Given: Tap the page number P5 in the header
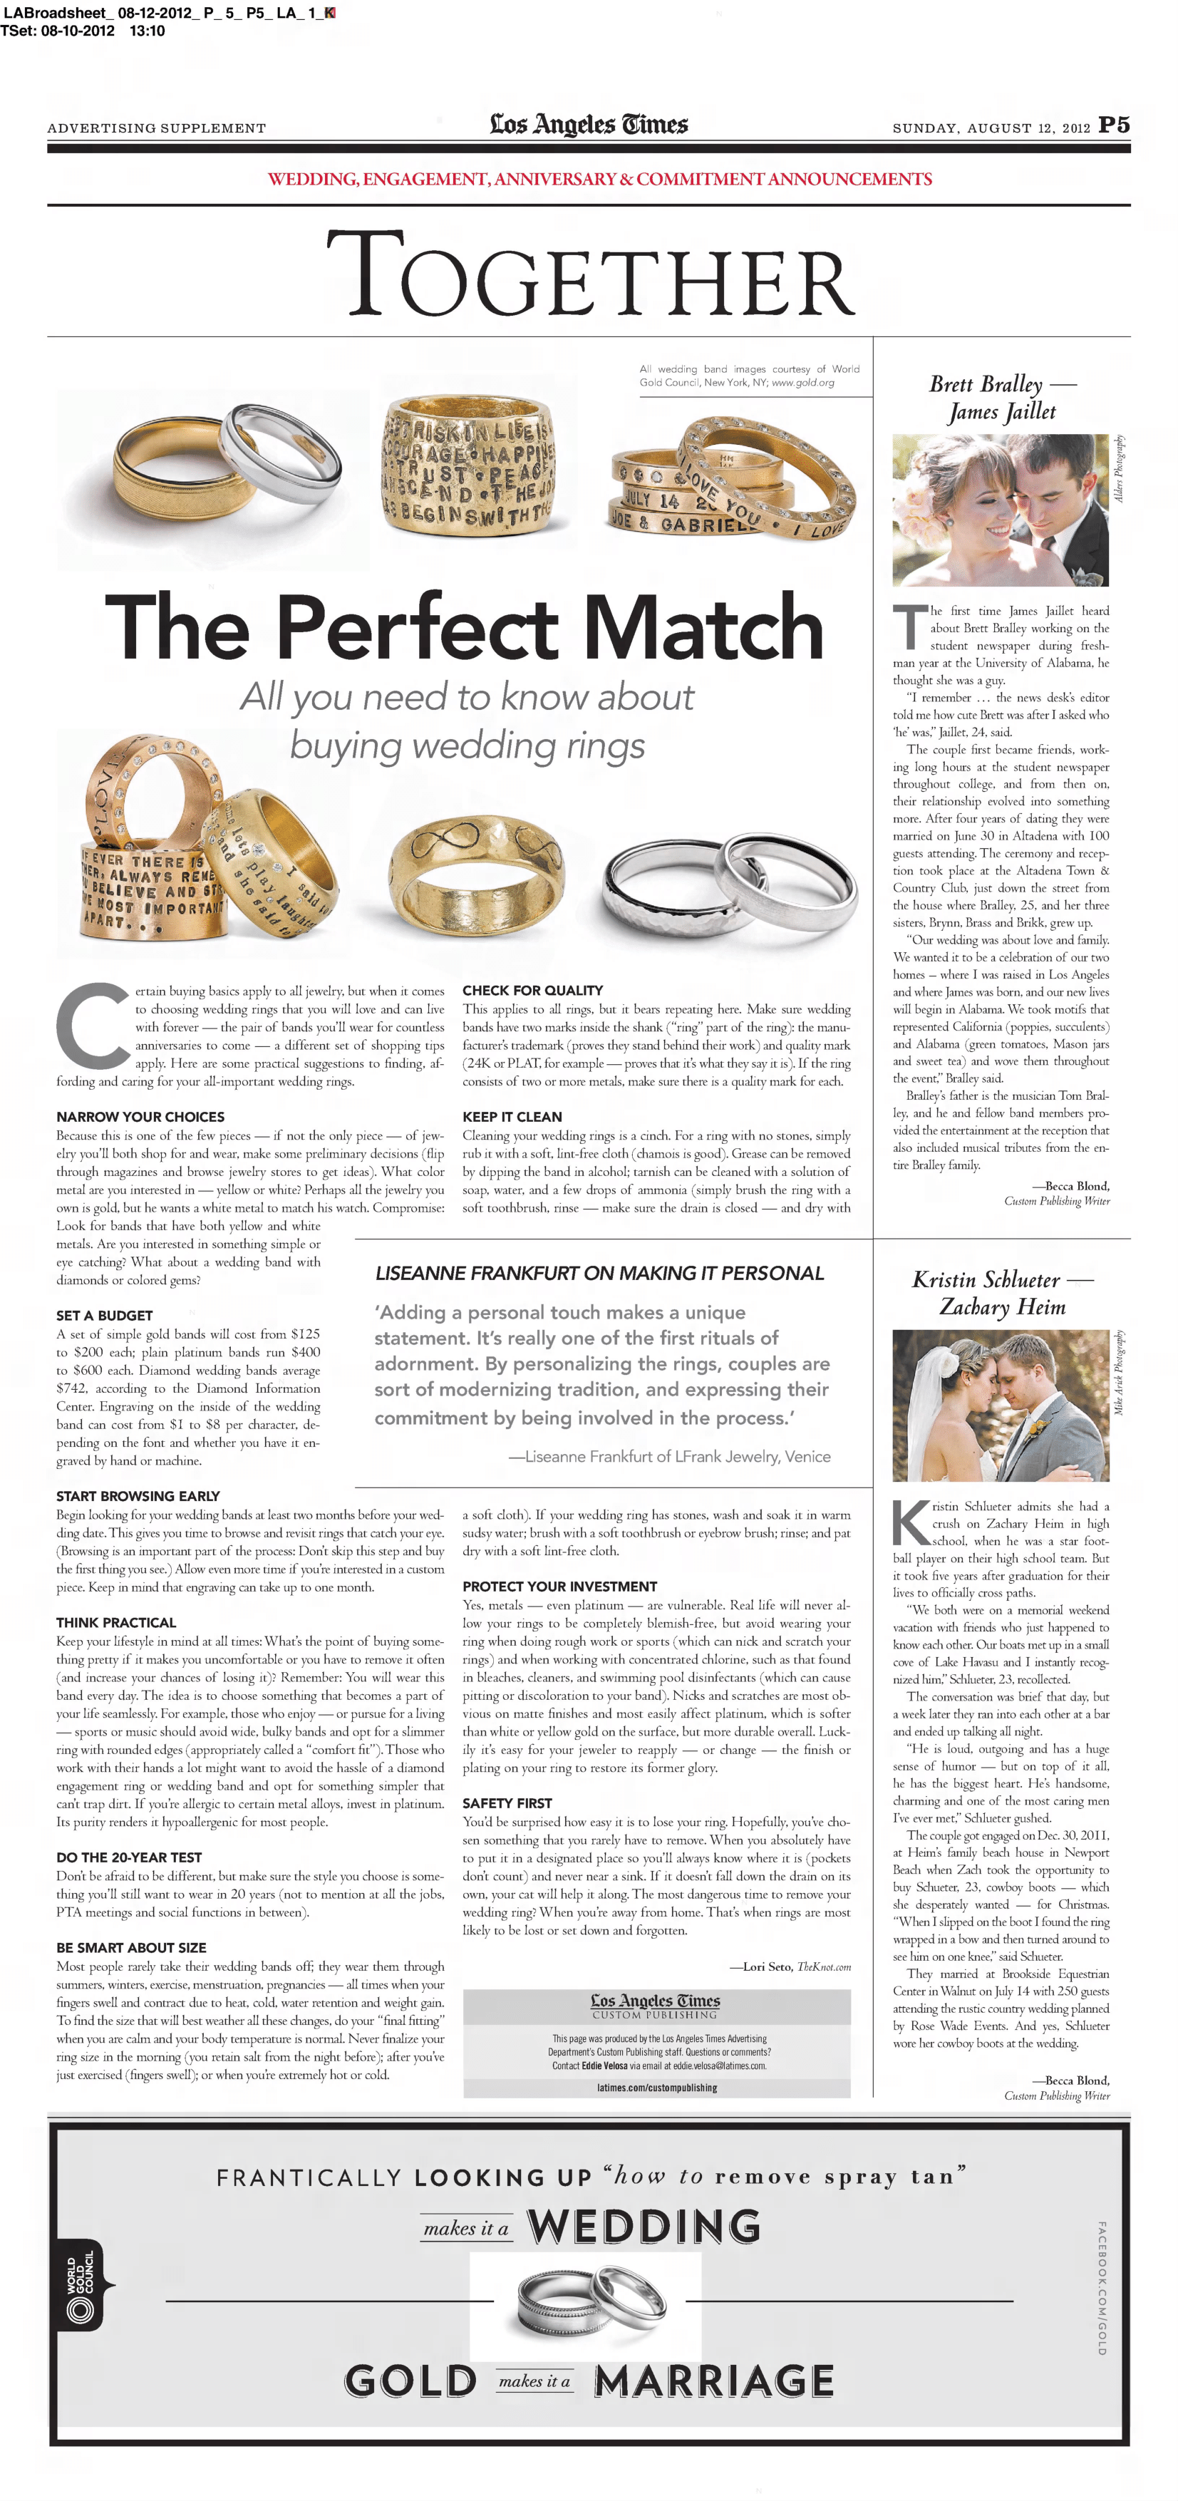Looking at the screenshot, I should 1114,125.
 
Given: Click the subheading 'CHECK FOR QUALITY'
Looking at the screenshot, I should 532,990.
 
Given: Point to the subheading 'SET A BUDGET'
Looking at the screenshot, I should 104,1316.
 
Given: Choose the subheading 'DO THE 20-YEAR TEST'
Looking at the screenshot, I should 129,1857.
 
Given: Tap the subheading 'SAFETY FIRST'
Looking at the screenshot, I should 507,1803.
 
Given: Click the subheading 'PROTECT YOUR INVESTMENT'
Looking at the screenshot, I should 559,1587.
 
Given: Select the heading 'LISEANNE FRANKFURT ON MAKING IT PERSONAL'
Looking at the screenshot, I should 599,1274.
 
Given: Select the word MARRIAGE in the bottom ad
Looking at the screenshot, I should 714,2381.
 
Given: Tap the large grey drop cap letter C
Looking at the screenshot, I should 94,1026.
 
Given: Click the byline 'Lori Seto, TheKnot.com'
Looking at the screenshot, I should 790,1967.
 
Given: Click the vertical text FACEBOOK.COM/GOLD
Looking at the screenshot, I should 1101,2287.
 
